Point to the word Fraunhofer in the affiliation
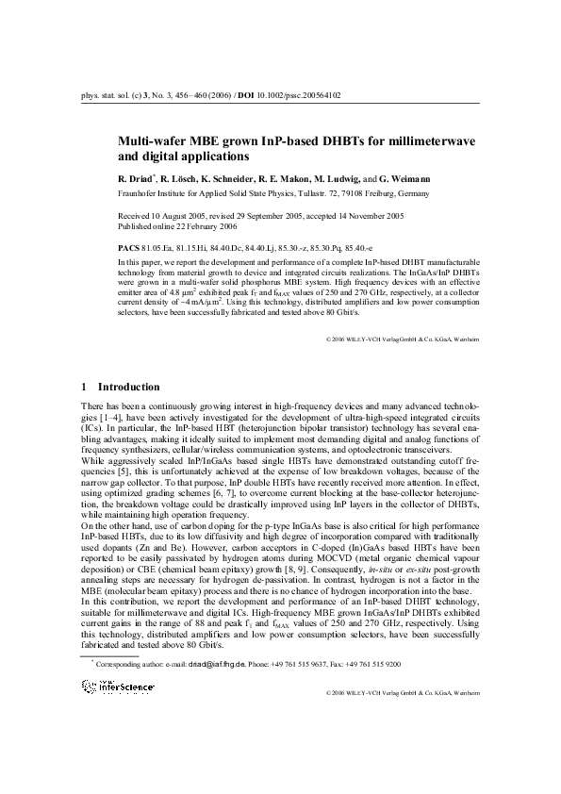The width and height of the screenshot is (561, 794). [138, 191]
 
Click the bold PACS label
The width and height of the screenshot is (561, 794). [130, 243]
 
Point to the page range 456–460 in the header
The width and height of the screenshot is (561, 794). [175, 95]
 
